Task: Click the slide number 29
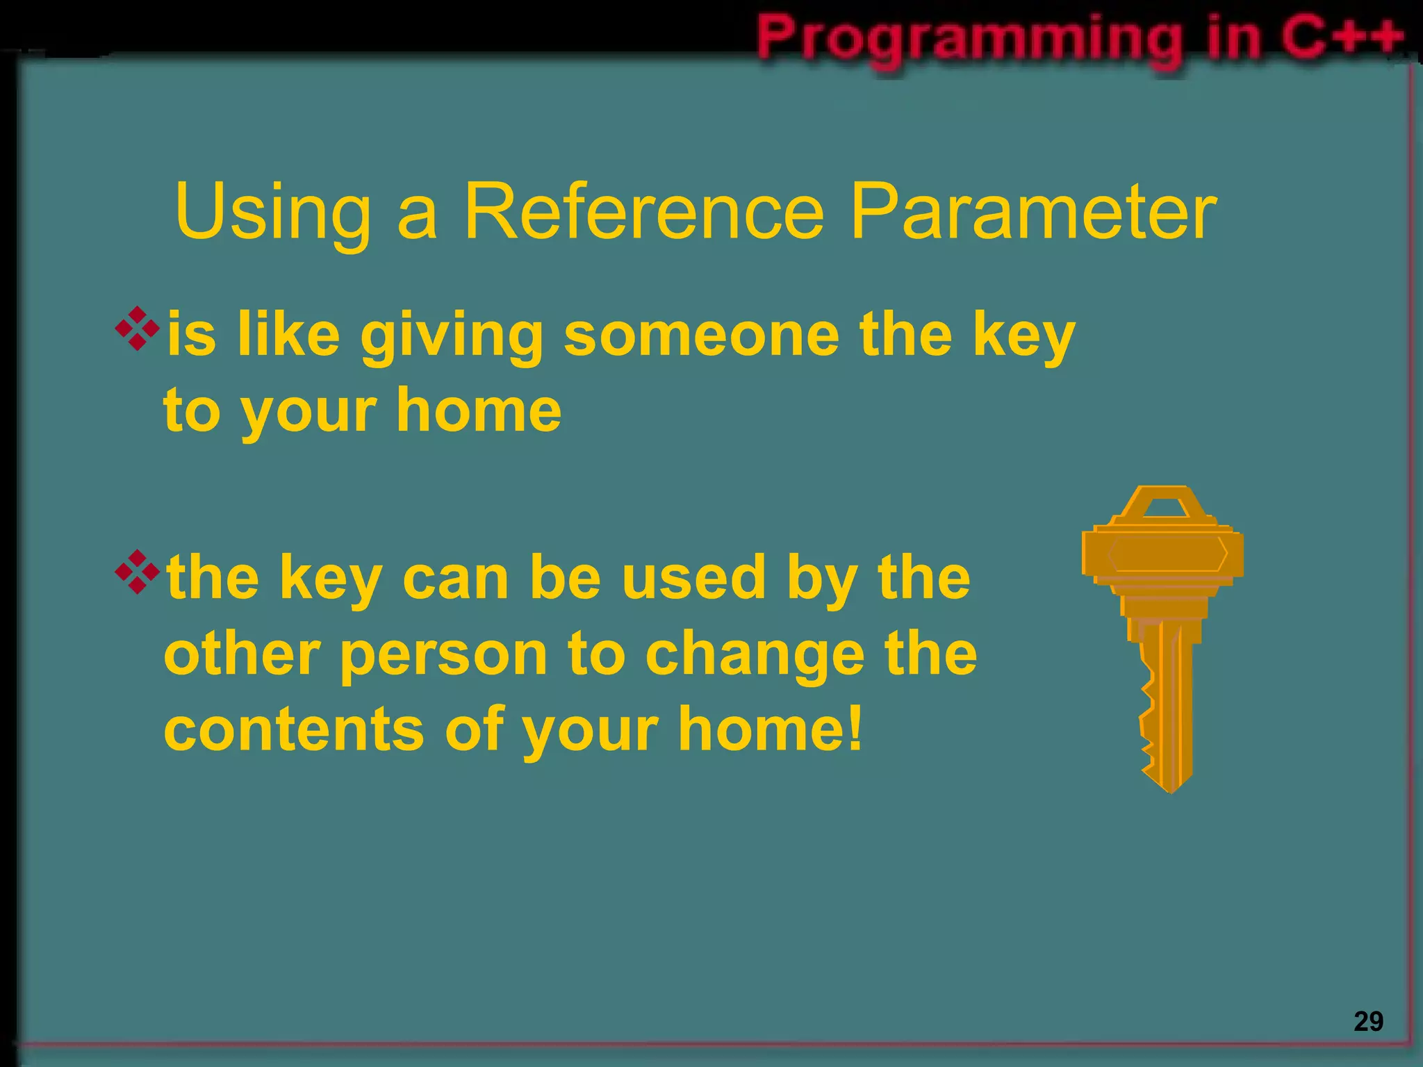tap(1368, 1022)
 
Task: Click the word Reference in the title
tap(643, 211)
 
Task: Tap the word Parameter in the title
tap(1033, 211)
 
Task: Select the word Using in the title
tap(273, 211)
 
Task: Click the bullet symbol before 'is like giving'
tap(138, 328)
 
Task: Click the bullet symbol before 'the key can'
tap(138, 571)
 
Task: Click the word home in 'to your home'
tap(479, 411)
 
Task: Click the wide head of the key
tap(1163, 554)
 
